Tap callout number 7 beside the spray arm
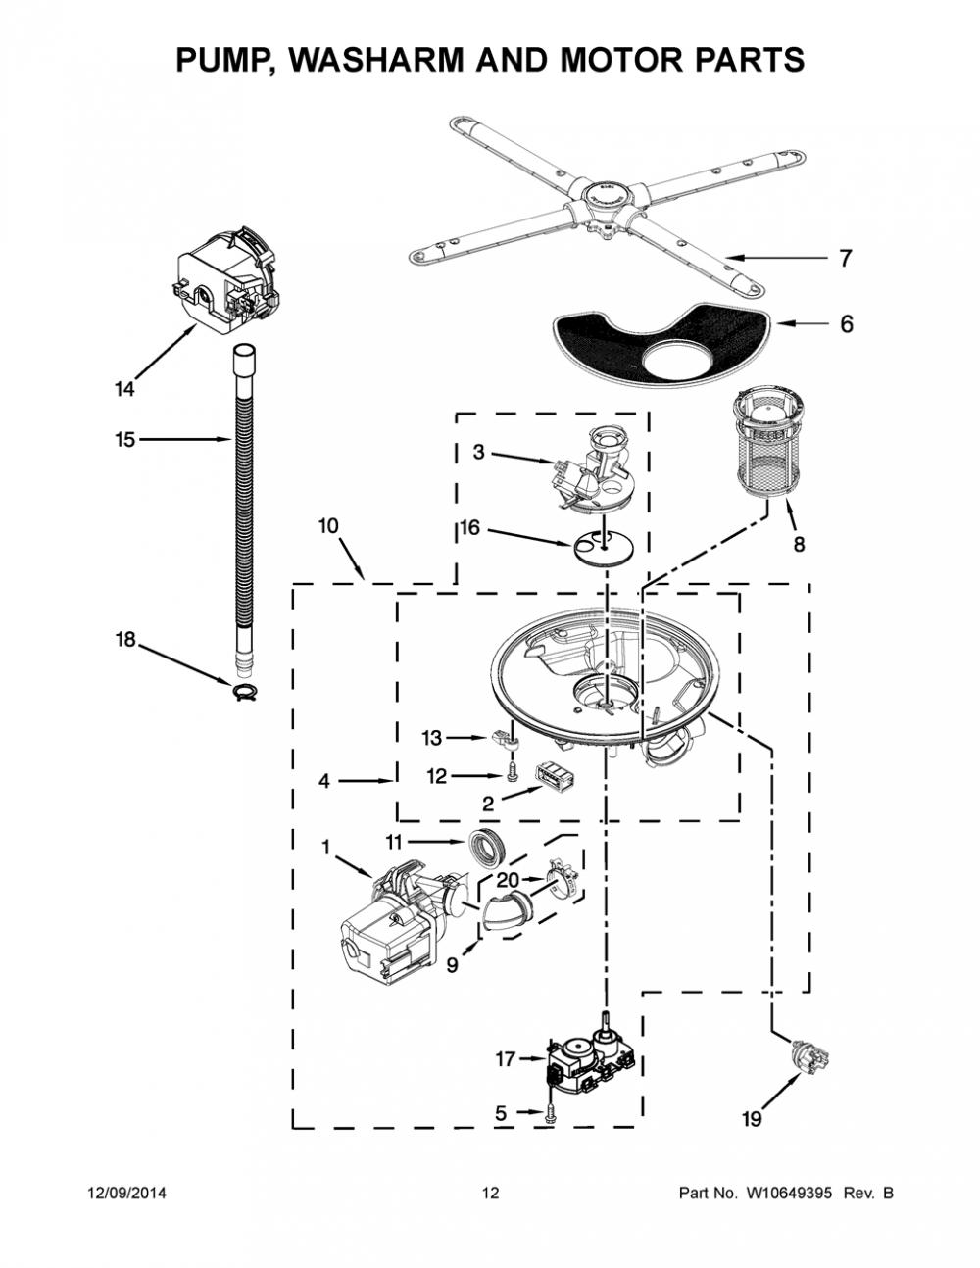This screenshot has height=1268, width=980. (845, 258)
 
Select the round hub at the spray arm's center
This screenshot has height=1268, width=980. (609, 196)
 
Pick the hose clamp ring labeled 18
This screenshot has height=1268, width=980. (247, 692)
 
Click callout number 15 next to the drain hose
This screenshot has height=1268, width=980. (125, 439)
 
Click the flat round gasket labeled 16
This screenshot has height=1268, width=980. (603, 549)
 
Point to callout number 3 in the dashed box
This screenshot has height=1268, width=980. (479, 452)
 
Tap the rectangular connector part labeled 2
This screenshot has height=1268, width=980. (554, 779)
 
